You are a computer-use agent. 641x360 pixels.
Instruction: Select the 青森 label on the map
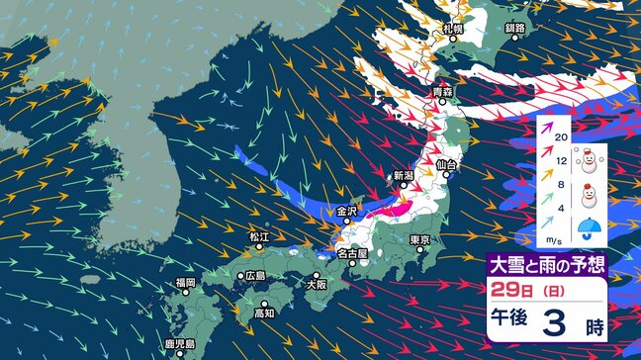coord(441,92)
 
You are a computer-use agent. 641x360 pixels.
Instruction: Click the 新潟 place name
coord(404,175)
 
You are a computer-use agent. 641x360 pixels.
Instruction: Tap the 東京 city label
coord(419,240)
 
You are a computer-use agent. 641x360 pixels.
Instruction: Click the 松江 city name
coord(259,236)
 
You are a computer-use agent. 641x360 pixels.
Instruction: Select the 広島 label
coord(255,275)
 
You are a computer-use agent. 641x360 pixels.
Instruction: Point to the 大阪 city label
coord(317,283)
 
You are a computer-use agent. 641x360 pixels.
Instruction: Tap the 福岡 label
coord(186,283)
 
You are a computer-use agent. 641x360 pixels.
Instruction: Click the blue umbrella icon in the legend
coord(592,226)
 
